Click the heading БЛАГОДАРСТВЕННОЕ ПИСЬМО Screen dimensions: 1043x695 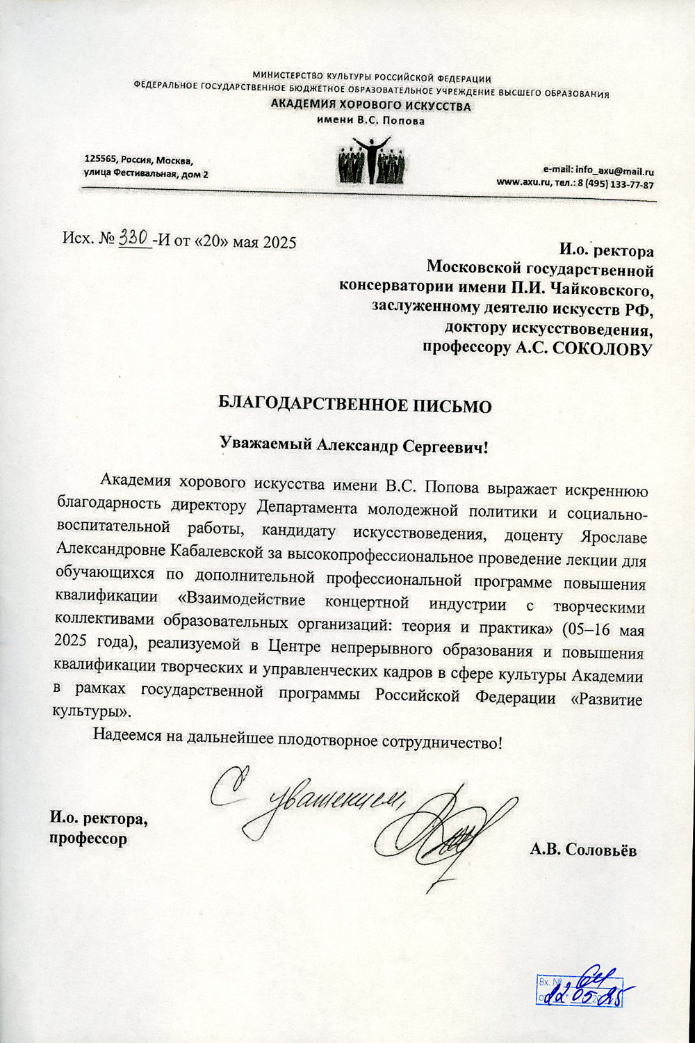[x=354, y=406]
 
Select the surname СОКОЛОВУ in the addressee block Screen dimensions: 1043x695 [x=602, y=349]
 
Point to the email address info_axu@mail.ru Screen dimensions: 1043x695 [x=614, y=171]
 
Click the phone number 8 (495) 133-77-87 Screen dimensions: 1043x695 [x=615, y=185]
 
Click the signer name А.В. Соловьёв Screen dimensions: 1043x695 [x=582, y=849]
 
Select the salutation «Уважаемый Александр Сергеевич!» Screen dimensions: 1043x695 [x=354, y=446]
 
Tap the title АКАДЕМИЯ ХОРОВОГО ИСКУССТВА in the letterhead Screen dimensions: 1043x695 [x=370, y=106]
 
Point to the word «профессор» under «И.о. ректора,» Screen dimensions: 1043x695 [x=88, y=839]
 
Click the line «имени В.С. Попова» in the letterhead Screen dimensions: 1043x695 [x=370, y=121]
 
